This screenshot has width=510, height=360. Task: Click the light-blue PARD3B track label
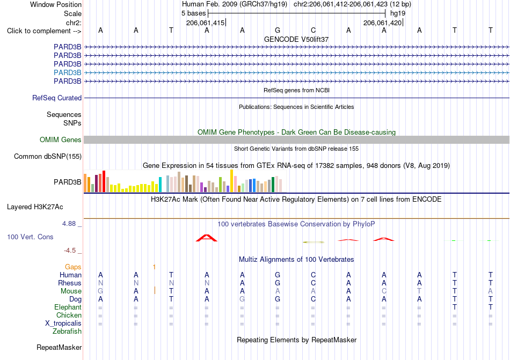pos(67,72)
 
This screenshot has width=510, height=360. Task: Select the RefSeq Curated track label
pos(57,98)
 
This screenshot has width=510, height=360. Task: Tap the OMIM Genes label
pos(61,139)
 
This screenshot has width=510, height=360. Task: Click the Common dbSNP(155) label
pos(48,156)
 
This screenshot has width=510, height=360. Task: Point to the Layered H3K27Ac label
pos(35,207)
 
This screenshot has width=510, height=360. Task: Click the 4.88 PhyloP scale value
pos(69,224)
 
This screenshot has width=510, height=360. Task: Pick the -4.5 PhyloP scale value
pos(70,250)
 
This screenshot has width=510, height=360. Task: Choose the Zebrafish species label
pos(67,332)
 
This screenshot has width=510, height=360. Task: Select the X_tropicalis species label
pos(63,324)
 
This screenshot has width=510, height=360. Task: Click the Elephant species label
pos(68,307)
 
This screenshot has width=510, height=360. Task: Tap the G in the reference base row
pos(278,30)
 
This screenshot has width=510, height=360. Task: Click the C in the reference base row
pos(313,30)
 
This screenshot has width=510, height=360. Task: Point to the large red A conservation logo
pos(207,238)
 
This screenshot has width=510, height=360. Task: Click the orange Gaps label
pos(73,267)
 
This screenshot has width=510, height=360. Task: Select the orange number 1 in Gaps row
pos(154,267)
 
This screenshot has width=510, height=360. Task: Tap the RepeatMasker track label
pos(59,347)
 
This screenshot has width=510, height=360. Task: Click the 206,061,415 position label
pos(205,23)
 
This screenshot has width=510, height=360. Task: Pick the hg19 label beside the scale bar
pos(398,13)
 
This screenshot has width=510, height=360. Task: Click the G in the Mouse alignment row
pos(100,291)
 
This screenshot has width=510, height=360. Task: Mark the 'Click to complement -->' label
pos(44,31)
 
